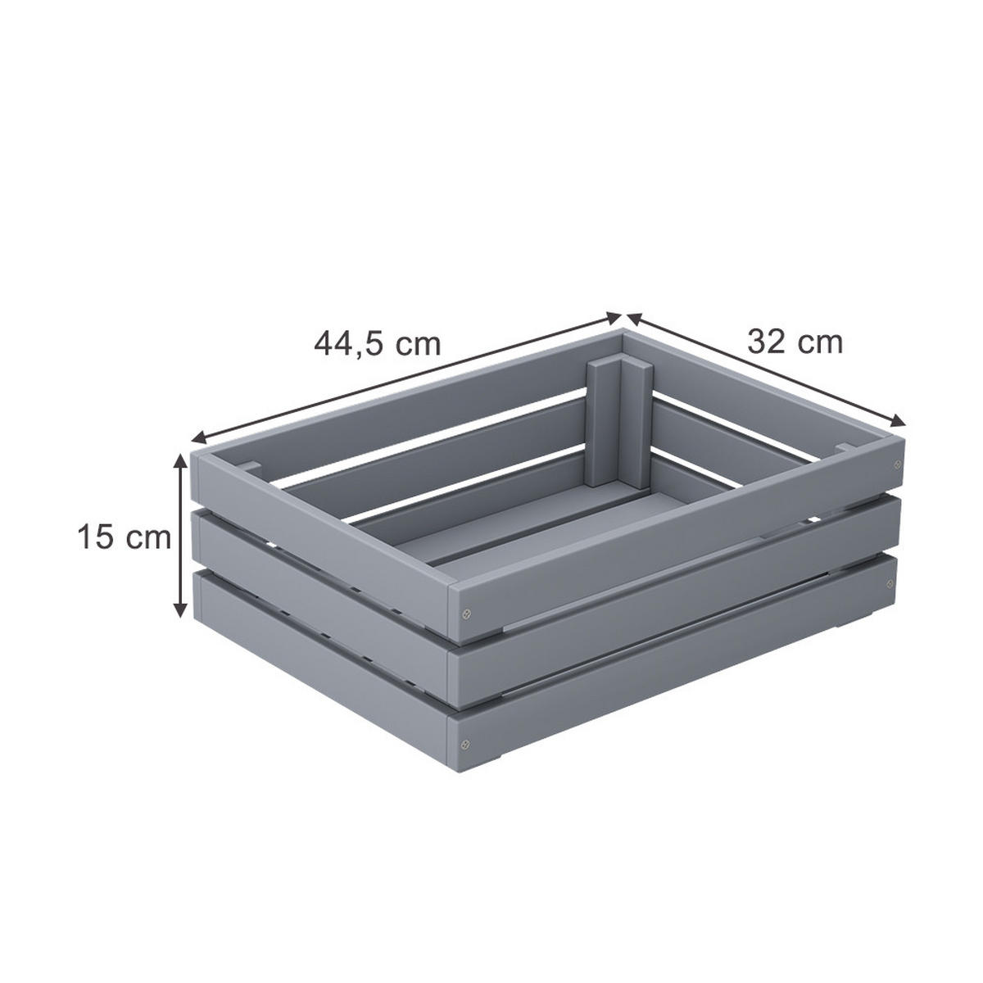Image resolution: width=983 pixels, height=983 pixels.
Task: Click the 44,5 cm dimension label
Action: click(x=378, y=342)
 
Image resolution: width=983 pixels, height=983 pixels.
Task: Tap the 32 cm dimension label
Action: click(x=795, y=341)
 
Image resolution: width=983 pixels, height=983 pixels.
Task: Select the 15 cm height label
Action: click(x=124, y=538)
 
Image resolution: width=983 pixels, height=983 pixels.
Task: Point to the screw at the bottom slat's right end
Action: click(x=888, y=585)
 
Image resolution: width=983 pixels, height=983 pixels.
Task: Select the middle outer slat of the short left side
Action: click(x=319, y=582)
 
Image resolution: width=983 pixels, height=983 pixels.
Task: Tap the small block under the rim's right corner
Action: click(x=844, y=447)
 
